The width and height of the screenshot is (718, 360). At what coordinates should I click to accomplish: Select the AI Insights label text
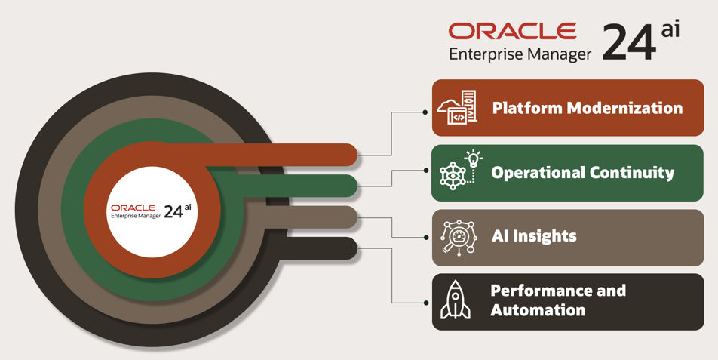(x=534, y=236)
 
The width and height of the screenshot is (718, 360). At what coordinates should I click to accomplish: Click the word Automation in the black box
(x=538, y=310)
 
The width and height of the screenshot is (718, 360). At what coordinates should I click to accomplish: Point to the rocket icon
(x=456, y=300)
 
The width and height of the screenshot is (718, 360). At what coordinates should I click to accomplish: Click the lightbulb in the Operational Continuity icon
(x=473, y=158)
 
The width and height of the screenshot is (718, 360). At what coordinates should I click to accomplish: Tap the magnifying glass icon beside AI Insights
(x=459, y=237)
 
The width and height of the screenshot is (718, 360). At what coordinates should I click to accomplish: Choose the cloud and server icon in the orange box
(x=457, y=108)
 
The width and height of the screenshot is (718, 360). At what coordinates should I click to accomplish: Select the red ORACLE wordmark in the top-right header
(x=512, y=31)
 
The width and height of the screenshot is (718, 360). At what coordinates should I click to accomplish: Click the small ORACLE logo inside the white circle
(x=133, y=207)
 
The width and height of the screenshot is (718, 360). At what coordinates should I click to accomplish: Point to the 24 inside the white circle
(x=173, y=212)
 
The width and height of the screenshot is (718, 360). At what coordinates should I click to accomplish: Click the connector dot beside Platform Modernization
(x=425, y=112)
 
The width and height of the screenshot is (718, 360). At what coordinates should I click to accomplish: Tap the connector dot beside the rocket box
(x=425, y=303)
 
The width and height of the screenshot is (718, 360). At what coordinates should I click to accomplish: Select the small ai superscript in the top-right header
(x=670, y=29)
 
